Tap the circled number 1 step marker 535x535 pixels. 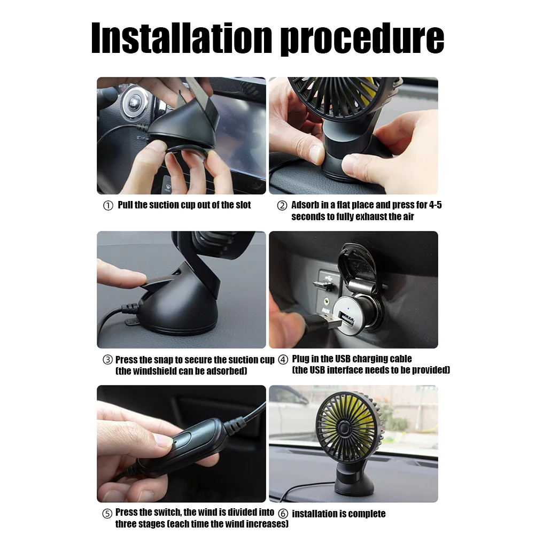click(108, 206)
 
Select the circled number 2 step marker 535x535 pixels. click(282, 206)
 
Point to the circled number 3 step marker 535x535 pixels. click(107, 360)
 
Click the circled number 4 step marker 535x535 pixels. click(283, 359)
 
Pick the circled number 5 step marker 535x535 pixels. click(107, 514)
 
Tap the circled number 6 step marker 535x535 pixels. click(283, 514)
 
